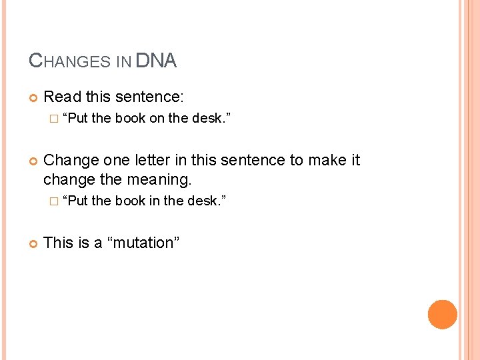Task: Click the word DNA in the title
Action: [x=156, y=61]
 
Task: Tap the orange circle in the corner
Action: [x=443, y=315]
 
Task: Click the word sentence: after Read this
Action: [x=149, y=97]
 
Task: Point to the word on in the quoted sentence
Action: [x=156, y=119]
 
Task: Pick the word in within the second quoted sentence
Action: [x=155, y=201]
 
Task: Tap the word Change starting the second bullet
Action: [x=71, y=161]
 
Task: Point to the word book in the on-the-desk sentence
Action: [x=129, y=119]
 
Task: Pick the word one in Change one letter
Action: [x=118, y=161]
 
